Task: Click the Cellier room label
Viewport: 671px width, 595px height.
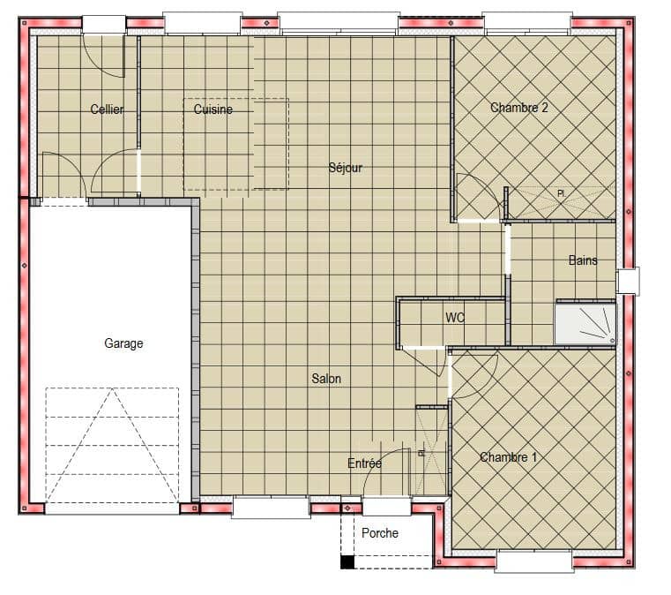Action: click(x=107, y=109)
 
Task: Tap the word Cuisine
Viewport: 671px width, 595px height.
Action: click(x=213, y=109)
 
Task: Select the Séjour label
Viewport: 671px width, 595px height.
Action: click(x=345, y=168)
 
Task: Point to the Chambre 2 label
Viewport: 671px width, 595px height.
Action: click(x=519, y=108)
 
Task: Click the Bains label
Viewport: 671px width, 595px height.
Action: click(x=583, y=260)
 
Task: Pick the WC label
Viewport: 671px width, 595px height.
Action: click(x=455, y=317)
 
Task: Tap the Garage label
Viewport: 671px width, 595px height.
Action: click(x=123, y=343)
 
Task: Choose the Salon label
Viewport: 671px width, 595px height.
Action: click(x=325, y=379)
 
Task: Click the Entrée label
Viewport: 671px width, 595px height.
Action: click(x=364, y=463)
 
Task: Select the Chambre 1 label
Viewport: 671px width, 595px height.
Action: click(x=509, y=457)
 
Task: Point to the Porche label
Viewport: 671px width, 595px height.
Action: click(x=380, y=533)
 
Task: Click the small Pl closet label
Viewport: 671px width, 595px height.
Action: click(x=560, y=193)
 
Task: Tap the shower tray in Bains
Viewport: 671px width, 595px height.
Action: click(x=584, y=323)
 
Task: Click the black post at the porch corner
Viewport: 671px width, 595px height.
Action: click(x=347, y=561)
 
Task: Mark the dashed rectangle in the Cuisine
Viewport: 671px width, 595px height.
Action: click(x=235, y=144)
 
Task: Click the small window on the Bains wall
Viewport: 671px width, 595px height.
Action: click(x=628, y=281)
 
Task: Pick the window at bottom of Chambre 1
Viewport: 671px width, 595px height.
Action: click(x=533, y=561)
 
